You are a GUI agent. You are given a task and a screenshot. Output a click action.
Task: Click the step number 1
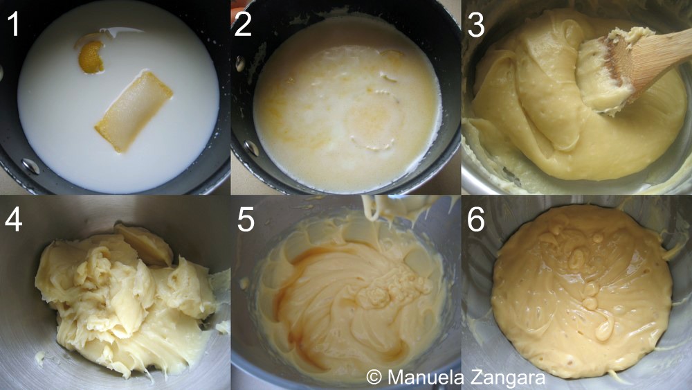pos(14,24)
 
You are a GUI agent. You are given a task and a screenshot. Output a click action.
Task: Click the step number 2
pos(243,24)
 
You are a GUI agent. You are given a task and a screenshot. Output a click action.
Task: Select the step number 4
pos(13,219)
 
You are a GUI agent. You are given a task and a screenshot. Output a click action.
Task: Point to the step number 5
pos(246,219)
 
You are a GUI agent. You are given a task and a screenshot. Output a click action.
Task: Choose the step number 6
pos(476,219)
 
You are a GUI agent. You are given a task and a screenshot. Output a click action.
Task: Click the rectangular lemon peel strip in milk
pos(134,112)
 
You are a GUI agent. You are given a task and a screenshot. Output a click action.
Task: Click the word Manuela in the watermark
pos(426,378)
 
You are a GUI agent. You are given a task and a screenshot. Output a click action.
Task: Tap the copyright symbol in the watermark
pos(374,378)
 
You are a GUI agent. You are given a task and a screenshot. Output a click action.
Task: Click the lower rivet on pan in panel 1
pos(30,166)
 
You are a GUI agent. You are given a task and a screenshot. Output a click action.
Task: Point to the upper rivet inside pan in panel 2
pos(240,63)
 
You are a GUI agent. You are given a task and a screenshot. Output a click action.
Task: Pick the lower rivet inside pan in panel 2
pos(252,148)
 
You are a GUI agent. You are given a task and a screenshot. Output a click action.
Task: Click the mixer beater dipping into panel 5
pos(388,208)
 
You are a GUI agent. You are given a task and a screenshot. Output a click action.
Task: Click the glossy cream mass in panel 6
pos(582,291)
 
